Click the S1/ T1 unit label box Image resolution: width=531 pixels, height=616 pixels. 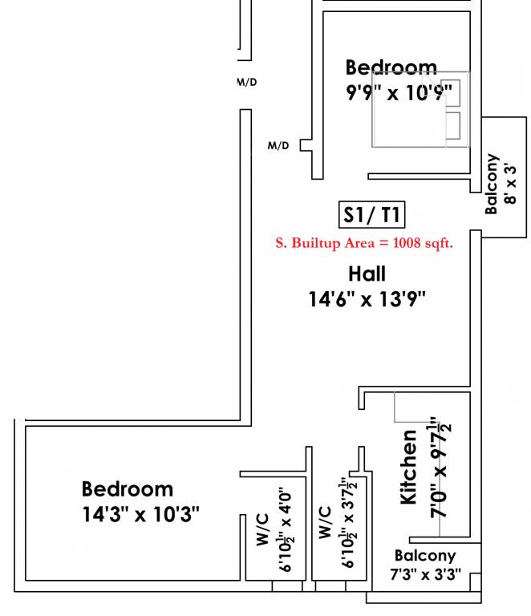(371, 214)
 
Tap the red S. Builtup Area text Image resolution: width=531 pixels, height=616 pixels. (364, 243)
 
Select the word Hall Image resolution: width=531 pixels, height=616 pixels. (367, 274)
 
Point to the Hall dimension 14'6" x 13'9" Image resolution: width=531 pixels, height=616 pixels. (367, 299)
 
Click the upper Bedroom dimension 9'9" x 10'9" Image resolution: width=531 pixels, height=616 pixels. (399, 93)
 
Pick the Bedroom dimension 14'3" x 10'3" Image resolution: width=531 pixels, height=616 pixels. (140, 514)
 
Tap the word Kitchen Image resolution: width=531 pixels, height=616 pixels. (408, 467)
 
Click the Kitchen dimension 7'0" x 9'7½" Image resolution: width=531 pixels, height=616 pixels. (440, 468)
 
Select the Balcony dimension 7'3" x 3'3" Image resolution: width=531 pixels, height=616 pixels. (425, 574)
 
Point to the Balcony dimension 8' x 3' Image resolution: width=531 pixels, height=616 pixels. (510, 184)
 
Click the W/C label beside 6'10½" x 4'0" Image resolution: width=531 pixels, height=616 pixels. (263, 529)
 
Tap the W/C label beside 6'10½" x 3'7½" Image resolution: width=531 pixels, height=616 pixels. (325, 522)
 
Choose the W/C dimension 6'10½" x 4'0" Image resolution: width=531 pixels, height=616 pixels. (286, 529)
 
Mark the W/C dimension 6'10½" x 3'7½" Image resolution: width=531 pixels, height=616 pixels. (349, 522)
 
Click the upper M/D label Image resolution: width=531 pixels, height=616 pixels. (247, 82)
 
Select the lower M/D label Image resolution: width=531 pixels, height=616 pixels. (278, 145)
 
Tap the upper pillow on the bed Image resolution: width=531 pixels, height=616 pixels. (453, 93)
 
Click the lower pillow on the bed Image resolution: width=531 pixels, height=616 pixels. (453, 126)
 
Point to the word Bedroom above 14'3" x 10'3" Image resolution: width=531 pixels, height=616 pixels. (128, 489)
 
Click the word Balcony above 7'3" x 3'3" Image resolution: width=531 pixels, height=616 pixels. (425, 556)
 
